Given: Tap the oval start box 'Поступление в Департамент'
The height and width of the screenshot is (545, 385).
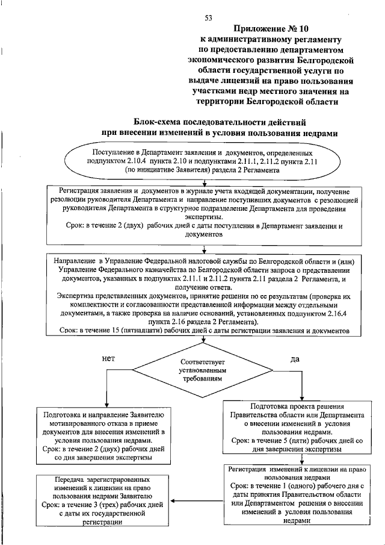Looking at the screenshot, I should (205, 160).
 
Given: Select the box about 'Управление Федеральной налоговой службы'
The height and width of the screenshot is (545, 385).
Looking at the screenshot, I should (205, 295).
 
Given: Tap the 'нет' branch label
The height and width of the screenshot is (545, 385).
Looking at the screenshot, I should (109, 358).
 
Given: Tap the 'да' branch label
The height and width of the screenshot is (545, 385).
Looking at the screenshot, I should (295, 360).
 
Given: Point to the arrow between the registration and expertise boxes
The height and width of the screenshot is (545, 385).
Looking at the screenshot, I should (205, 249).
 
